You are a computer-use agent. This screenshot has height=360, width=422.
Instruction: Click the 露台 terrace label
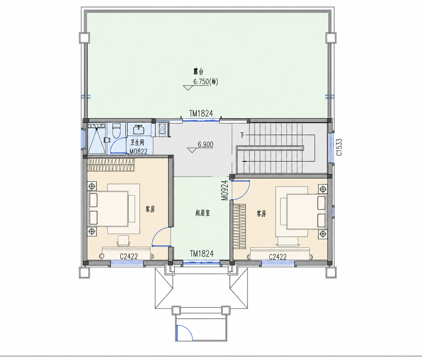click(x=198, y=72)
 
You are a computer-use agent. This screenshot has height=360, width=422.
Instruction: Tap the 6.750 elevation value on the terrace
click(x=201, y=82)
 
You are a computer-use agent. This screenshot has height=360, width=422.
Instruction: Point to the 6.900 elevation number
click(x=206, y=144)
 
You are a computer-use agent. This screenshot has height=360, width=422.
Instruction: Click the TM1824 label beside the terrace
click(x=201, y=113)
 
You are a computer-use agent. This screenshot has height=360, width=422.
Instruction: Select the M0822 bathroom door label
click(x=138, y=152)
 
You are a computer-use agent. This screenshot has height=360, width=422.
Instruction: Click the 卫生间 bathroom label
click(x=137, y=142)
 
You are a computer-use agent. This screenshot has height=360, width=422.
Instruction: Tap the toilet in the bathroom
click(x=117, y=130)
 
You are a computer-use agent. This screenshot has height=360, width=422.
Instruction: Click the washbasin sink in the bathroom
click(x=139, y=130)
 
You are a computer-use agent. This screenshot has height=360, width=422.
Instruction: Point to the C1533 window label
click(x=339, y=147)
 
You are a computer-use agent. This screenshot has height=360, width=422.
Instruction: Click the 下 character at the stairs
click(x=242, y=135)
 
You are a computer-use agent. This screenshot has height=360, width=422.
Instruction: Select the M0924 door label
click(x=224, y=190)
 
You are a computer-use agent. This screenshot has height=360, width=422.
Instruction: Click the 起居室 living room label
click(x=203, y=213)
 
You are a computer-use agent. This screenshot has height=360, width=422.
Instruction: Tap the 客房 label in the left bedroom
click(x=150, y=209)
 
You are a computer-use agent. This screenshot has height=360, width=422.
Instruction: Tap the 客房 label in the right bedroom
click(x=261, y=213)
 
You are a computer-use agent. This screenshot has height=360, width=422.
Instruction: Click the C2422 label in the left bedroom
click(x=129, y=256)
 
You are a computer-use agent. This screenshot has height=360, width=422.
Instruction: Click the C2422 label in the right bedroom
click(x=278, y=257)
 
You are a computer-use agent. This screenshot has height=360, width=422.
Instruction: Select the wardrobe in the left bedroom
click(x=111, y=165)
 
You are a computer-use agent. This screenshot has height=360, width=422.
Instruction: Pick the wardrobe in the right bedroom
click(x=240, y=226)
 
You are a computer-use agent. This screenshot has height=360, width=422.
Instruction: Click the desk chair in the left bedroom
click(x=123, y=241)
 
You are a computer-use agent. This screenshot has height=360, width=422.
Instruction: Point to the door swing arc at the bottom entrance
click(x=188, y=330)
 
